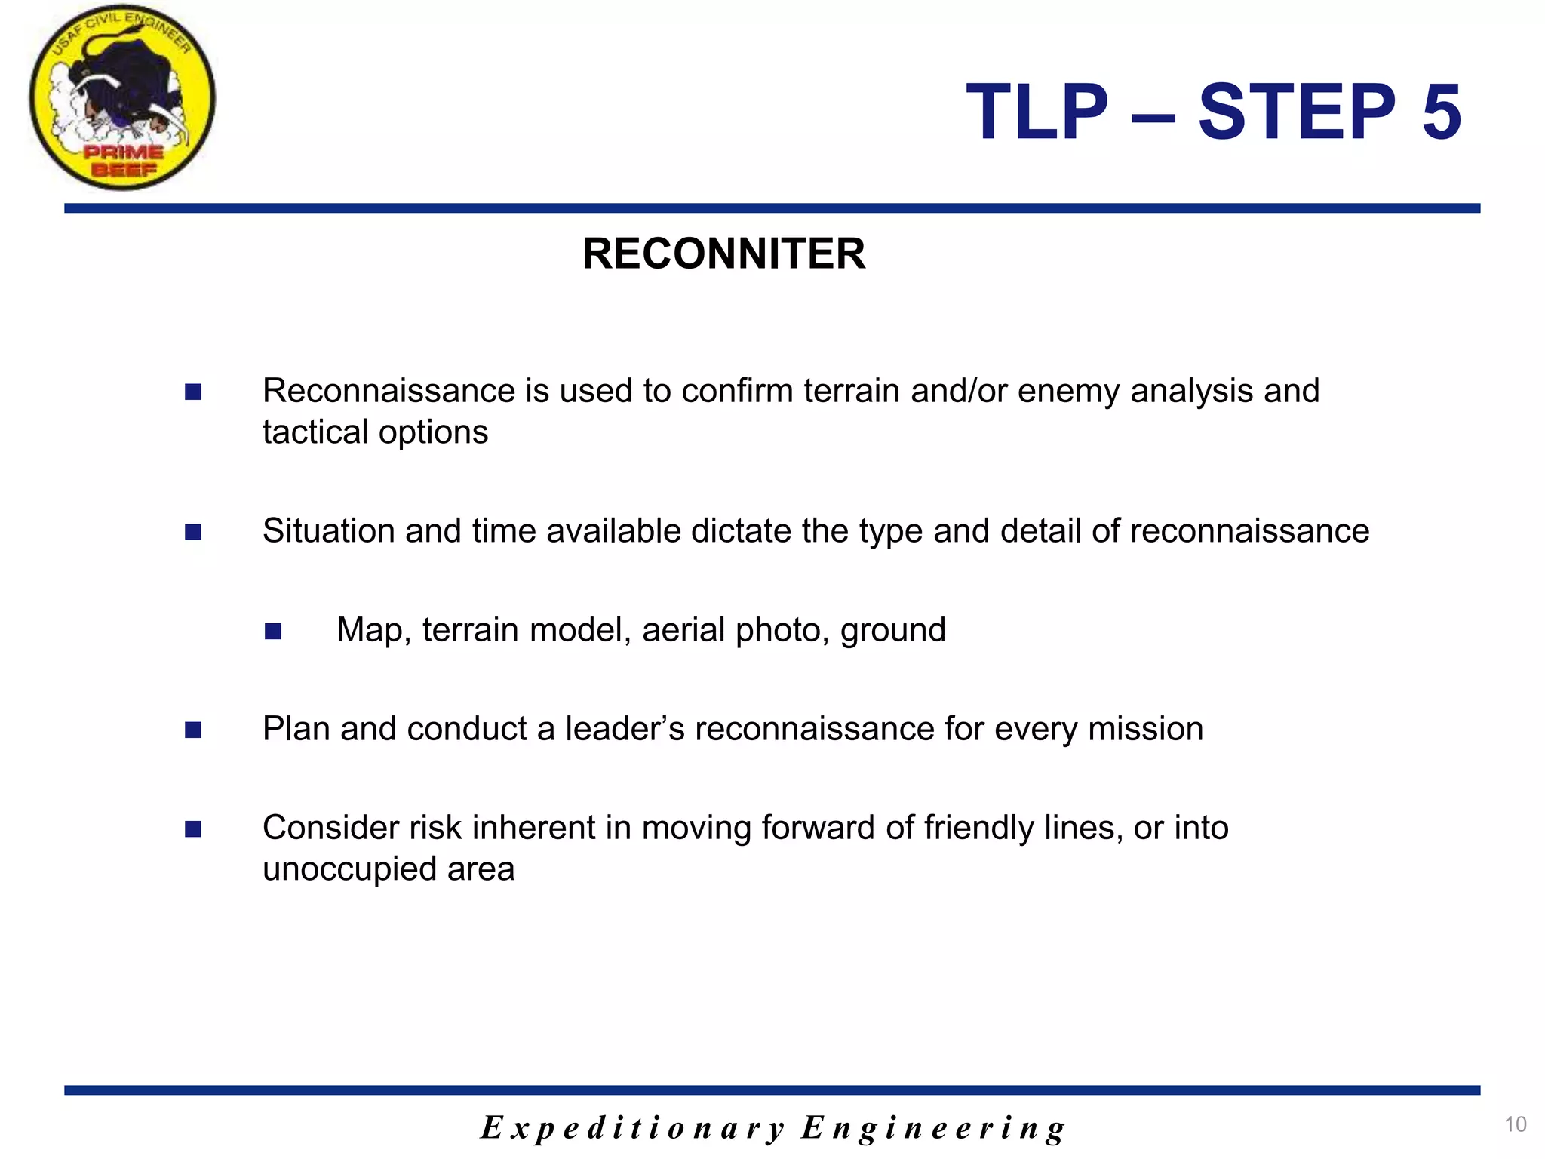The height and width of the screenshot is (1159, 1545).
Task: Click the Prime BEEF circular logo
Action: tap(122, 97)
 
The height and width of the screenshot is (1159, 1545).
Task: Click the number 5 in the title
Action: tap(1442, 112)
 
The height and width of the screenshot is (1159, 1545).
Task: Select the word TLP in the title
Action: tap(1037, 112)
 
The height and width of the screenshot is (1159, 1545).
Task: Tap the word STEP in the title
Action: tap(1297, 112)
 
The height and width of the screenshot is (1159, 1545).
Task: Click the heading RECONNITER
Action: tap(723, 254)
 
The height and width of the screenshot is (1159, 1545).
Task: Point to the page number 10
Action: tap(1515, 1124)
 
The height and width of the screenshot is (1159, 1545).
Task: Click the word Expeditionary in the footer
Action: tap(633, 1128)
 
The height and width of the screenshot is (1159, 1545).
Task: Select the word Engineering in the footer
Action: tap(933, 1128)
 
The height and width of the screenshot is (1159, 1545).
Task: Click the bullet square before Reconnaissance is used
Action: tap(193, 392)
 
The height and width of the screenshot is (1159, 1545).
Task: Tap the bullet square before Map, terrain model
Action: tap(273, 631)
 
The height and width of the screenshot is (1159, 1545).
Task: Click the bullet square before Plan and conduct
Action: tap(193, 730)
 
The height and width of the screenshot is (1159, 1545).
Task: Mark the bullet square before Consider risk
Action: tap(193, 829)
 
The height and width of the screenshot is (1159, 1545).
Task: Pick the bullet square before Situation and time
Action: tap(193, 532)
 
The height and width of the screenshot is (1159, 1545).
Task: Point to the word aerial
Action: tap(683, 630)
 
